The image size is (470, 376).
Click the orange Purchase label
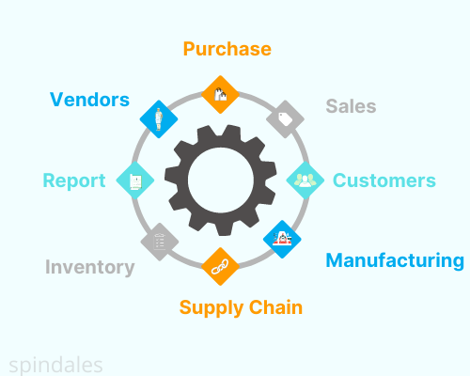(227, 49)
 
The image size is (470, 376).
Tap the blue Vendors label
(89, 100)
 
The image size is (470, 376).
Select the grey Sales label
(351, 106)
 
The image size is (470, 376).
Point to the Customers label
(384, 180)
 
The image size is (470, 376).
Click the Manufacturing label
(395, 260)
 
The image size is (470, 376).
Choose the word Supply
(211, 308)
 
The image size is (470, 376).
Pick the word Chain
(275, 307)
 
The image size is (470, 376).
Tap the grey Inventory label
(90, 267)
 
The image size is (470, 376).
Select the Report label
(74, 181)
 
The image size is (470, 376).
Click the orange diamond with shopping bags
(220, 94)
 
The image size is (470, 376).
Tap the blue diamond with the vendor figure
(159, 119)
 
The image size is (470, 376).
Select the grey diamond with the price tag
(285, 119)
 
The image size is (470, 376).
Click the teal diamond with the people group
(305, 180)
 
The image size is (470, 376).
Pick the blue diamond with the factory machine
(282, 239)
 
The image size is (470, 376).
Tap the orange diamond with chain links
(220, 266)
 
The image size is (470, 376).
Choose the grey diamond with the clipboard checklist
(160, 242)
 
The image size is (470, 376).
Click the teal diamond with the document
(135, 180)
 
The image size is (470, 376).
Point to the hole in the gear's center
(221, 180)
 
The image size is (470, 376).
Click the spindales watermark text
(55, 366)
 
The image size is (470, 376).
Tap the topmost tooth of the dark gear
(231, 131)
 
